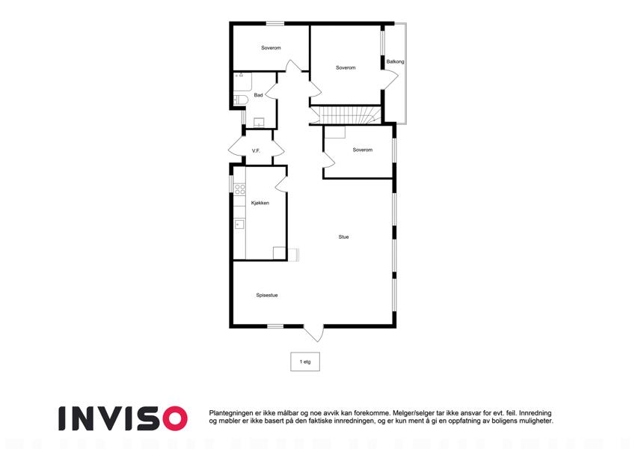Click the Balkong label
(395, 61)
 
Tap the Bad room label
(258, 95)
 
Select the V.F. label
(256, 150)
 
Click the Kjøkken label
(260, 203)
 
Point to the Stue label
(343, 237)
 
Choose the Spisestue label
(267, 296)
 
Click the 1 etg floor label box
(305, 361)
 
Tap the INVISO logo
(123, 418)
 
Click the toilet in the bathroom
(241, 100)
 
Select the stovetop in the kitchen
(240, 189)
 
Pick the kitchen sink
(239, 224)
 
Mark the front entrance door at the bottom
(314, 333)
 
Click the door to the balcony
(390, 79)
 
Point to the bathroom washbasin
(259, 122)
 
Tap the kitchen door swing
(281, 184)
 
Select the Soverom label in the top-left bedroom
(271, 48)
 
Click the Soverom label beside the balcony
(346, 67)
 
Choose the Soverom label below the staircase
(363, 150)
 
